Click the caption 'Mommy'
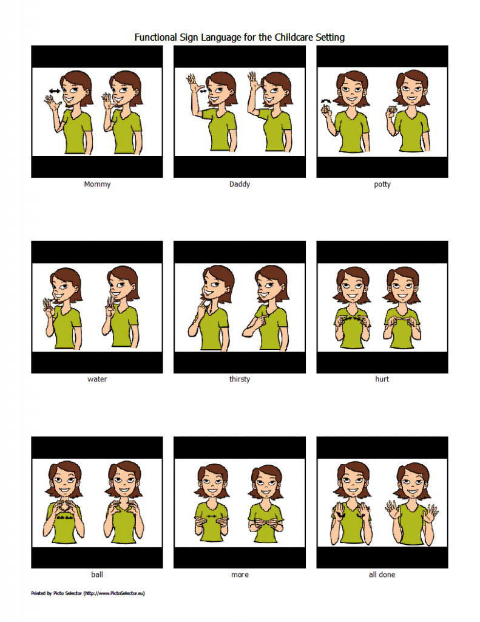tap(97, 184)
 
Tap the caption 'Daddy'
tap(240, 184)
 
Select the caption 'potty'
tap(382, 184)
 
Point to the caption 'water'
tap(97, 380)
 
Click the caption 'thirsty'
tap(240, 380)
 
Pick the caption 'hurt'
tap(382, 380)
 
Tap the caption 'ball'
tap(97, 575)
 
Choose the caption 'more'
tap(240, 575)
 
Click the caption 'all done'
tap(382, 575)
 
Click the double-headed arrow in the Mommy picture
tap(55, 91)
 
